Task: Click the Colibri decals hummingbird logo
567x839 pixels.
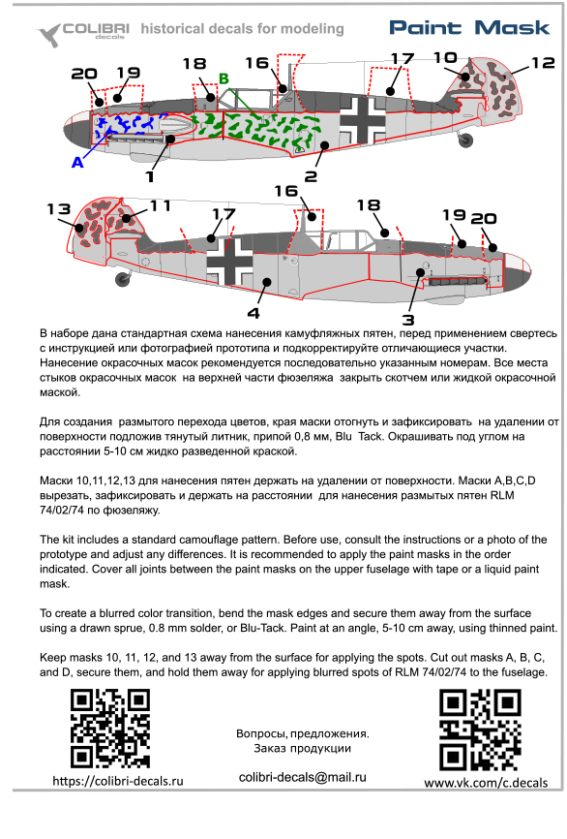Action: [48, 35]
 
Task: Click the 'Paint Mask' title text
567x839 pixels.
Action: [469, 28]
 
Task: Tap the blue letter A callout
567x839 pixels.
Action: [77, 162]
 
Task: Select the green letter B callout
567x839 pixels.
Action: [224, 78]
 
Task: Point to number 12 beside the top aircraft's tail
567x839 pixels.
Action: [543, 63]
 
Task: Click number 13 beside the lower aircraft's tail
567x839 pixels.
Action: [58, 208]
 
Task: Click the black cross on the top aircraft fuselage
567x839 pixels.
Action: [364, 119]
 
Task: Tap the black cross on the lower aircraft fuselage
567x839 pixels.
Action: [229, 262]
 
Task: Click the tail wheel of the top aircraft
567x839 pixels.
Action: [466, 140]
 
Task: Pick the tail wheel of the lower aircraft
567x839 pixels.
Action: [124, 279]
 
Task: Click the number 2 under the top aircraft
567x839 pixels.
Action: [311, 176]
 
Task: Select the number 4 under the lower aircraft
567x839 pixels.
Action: [254, 313]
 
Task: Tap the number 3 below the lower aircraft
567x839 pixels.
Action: [408, 320]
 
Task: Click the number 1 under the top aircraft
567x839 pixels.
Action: [150, 176]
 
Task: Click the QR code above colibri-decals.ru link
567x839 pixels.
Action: [110, 729]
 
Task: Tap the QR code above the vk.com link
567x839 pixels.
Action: [480, 730]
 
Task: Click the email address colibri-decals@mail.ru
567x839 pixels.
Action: [303, 777]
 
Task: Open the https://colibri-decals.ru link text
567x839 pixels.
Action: [118, 781]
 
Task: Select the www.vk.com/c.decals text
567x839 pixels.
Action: [486, 783]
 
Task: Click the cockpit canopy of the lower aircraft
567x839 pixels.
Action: [350, 240]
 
